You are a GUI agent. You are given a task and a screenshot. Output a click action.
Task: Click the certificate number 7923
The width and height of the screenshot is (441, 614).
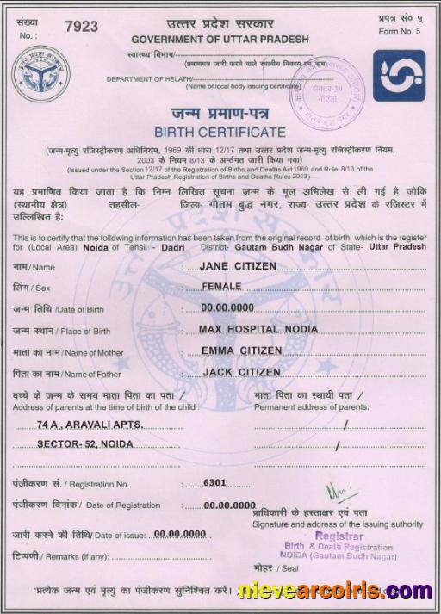(82, 27)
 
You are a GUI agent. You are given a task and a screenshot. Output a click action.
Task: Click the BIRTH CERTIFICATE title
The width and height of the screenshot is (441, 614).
(220, 132)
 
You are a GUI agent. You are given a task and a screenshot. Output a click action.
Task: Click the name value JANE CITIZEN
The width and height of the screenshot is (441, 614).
(238, 266)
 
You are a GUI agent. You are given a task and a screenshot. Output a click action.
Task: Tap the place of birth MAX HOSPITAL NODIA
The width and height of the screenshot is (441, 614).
(258, 329)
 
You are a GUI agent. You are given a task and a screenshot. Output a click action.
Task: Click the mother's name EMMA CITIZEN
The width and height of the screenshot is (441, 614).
(241, 350)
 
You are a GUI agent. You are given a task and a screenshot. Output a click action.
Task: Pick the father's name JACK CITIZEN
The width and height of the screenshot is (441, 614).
(241, 372)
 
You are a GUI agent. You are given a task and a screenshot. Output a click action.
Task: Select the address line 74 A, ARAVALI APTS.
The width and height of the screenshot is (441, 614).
(90, 425)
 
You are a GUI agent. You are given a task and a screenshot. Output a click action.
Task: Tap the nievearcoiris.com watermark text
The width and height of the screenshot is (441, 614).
(336, 591)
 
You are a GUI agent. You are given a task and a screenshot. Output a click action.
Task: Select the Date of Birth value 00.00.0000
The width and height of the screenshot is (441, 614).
(227, 307)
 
